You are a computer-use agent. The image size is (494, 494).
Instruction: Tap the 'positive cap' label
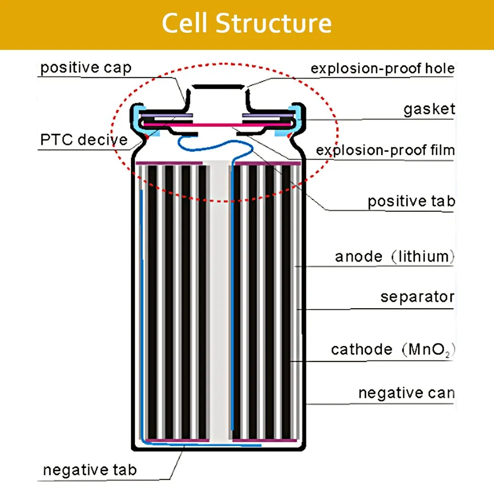point(85,68)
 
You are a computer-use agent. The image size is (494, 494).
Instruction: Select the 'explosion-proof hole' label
point(382,68)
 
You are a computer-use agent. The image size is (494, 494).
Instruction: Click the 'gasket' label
point(429,109)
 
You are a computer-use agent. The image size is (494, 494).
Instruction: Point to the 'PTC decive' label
point(84,140)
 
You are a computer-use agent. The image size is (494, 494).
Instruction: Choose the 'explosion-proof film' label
point(385,150)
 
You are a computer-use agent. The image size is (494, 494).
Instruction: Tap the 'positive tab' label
point(411,201)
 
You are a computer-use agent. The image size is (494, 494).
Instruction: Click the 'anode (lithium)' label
point(395,256)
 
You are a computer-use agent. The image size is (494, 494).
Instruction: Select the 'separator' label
point(418,297)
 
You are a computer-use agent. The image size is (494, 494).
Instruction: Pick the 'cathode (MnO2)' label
point(393,350)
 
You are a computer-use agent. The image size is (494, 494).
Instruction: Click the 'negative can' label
point(407,393)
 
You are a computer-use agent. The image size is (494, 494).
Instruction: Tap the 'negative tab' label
point(90,470)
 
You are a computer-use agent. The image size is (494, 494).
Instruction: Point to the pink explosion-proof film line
point(218,125)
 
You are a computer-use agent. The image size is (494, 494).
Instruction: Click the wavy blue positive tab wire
point(215,146)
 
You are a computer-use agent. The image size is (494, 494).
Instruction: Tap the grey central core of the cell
point(219,299)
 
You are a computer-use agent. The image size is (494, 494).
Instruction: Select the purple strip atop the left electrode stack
point(169,163)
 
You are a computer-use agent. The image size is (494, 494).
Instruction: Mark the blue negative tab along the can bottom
point(201,445)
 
